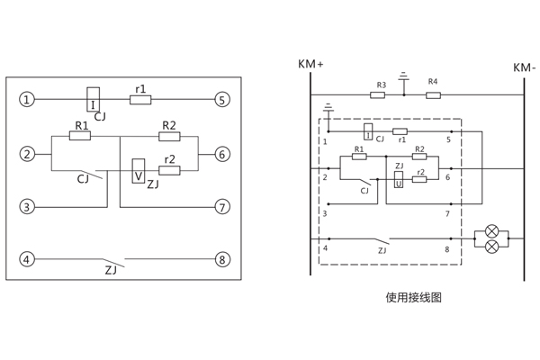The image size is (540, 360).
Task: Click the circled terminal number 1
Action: click(x=28, y=99)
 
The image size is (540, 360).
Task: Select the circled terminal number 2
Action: click(x=28, y=154)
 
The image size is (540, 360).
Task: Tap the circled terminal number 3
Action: click(x=28, y=207)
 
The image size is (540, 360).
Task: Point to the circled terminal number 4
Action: click(x=28, y=260)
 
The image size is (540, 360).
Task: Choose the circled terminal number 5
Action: click(x=221, y=99)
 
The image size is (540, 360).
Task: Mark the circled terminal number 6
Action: click(x=221, y=154)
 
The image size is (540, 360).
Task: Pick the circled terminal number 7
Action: click(x=221, y=207)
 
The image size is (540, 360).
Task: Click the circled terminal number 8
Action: click(x=221, y=260)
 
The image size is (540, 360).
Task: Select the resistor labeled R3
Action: click(x=381, y=93)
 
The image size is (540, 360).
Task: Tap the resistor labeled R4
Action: click(x=432, y=93)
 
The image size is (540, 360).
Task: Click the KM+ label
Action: click(x=310, y=66)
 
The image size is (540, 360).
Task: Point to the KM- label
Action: click(x=524, y=67)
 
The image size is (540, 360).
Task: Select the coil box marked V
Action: click(x=139, y=170)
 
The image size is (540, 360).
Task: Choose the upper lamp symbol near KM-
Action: click(x=491, y=230)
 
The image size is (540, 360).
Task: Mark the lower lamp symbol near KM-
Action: click(x=491, y=246)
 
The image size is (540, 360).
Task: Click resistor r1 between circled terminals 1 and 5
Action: click(x=140, y=99)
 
